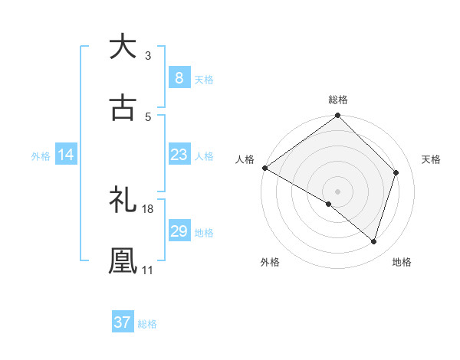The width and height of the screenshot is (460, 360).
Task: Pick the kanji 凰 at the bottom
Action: (x=123, y=261)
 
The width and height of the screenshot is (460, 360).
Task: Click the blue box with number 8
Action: (x=179, y=77)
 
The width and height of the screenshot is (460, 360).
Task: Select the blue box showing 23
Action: (x=179, y=155)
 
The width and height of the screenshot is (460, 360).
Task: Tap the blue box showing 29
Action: (x=179, y=231)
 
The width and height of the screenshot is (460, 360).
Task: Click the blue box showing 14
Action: (x=66, y=155)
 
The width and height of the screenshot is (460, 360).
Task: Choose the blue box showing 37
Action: (x=122, y=322)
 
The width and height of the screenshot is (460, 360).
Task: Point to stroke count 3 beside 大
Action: (x=148, y=56)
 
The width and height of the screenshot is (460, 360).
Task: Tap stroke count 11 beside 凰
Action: (x=148, y=270)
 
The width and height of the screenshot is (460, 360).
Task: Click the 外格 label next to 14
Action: (x=41, y=156)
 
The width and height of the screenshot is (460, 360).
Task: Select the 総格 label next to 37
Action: (x=147, y=323)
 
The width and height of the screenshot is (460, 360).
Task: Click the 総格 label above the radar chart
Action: (x=338, y=100)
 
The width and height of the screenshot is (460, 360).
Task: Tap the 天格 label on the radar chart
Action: (x=432, y=159)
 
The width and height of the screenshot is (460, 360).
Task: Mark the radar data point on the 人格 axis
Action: (x=264, y=168)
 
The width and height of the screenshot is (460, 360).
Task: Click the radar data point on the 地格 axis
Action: (x=374, y=241)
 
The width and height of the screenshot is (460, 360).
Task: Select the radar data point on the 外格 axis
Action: (x=329, y=204)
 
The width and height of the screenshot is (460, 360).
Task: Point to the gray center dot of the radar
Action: (x=338, y=191)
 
